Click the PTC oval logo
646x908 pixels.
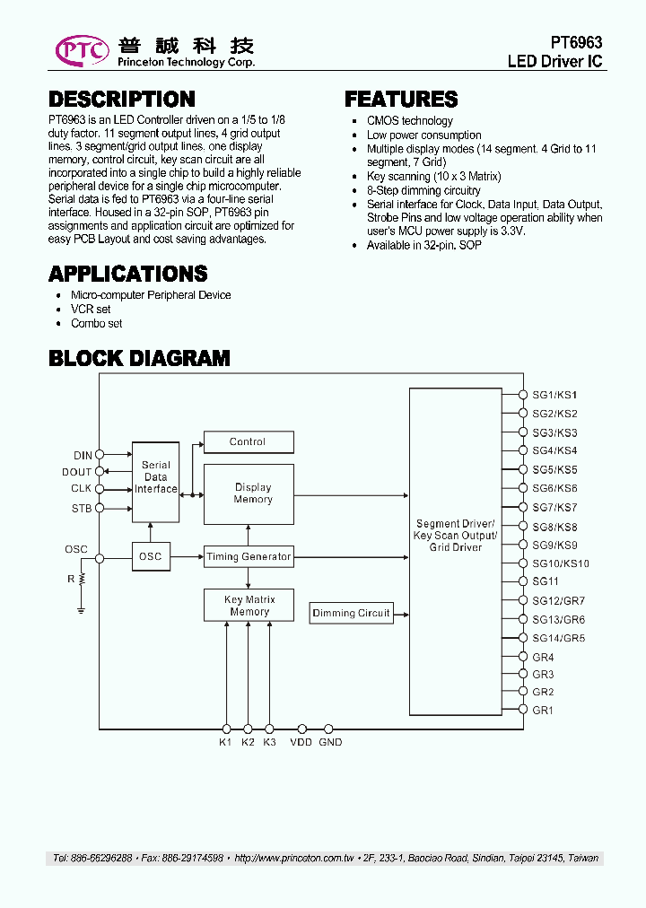point(82,51)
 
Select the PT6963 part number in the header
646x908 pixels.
point(575,43)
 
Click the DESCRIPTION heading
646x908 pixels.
point(121,100)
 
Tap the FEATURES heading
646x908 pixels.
point(401,100)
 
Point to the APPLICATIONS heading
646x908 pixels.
point(127,274)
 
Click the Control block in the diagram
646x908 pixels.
point(248,441)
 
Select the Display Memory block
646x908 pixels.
point(249,493)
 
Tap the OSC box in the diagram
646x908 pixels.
point(151,557)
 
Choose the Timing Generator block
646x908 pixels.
point(249,557)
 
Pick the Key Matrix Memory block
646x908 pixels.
point(249,606)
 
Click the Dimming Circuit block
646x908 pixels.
point(351,614)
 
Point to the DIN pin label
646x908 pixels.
point(83,455)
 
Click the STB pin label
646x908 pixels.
point(82,509)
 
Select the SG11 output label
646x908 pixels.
point(545,581)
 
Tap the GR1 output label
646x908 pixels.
point(543,710)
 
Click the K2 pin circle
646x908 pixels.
point(248,729)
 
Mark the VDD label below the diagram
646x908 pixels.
point(301,743)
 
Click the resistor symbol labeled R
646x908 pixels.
point(82,580)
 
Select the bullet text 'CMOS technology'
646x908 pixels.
point(409,121)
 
